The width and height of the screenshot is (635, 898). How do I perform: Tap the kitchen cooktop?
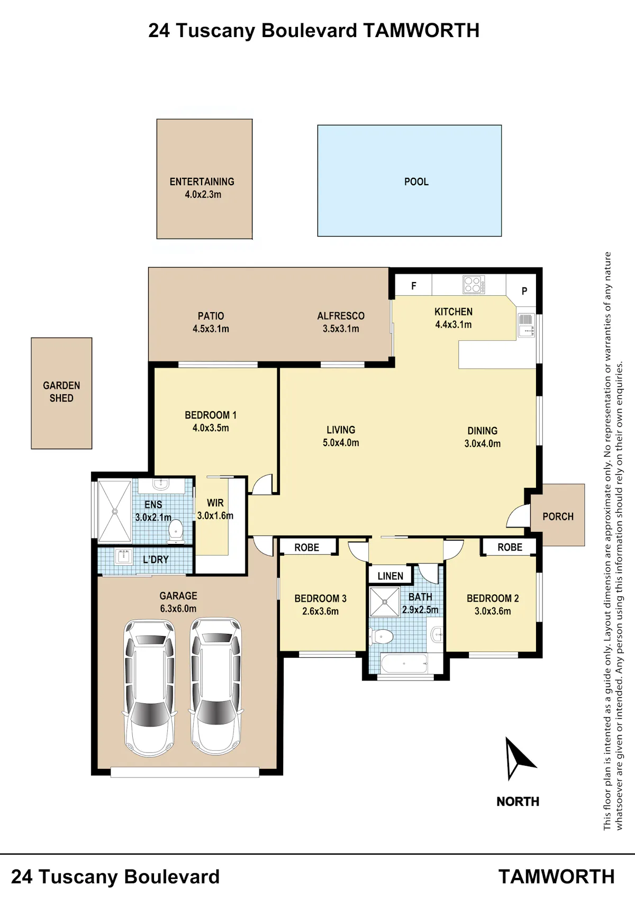coord(474,284)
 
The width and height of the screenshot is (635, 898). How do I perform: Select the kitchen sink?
coord(526,325)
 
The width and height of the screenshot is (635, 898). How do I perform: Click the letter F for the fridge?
coord(414,286)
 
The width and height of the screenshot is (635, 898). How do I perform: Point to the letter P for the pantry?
coord(524,292)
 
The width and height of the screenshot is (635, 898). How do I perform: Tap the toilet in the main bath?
coord(382,636)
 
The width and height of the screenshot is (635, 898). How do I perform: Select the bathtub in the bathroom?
coord(404,664)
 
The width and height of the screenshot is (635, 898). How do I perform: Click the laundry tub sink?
coord(123,557)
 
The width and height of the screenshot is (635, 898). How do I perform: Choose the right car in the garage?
coord(216,687)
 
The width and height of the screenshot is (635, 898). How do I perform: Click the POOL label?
coord(416,182)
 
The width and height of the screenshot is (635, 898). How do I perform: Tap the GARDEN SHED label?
coord(61,392)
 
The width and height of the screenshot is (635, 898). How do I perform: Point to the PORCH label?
coord(558,517)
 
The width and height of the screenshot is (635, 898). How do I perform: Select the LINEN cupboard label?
coord(391,576)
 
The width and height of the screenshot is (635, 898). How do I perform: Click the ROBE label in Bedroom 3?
coord(307,548)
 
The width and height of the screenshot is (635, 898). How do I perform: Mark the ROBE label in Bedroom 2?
coord(510,547)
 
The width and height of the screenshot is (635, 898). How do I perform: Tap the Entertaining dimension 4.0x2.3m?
coord(203,195)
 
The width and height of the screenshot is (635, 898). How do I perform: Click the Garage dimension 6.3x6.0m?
coord(178,609)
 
